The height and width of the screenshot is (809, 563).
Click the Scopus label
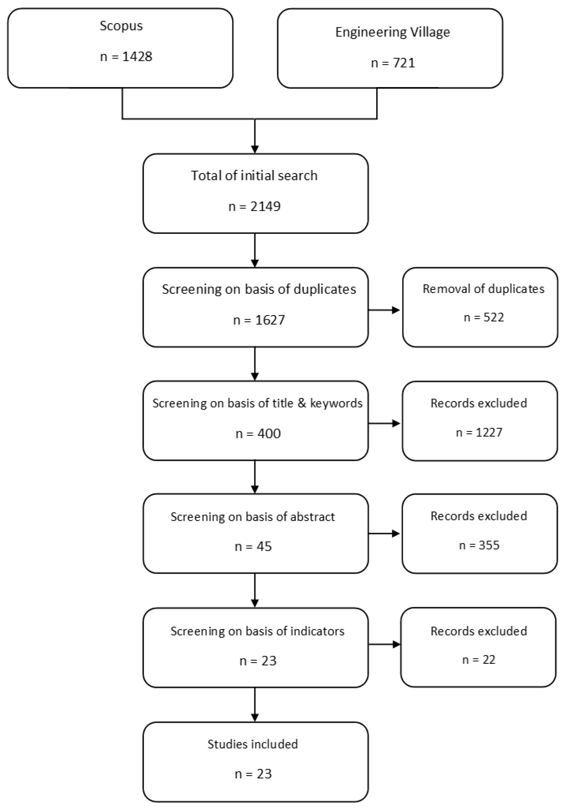121,26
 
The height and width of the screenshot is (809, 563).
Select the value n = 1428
126,56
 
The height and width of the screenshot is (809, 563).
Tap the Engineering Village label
392,32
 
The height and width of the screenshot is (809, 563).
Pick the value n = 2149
254,206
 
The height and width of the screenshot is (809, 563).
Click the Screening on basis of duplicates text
259,289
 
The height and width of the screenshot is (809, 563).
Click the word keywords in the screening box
336,403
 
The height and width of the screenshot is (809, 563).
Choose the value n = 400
258,433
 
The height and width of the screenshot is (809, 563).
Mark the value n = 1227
479,432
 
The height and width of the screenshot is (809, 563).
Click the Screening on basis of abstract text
253,516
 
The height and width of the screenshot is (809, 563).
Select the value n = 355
479,545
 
